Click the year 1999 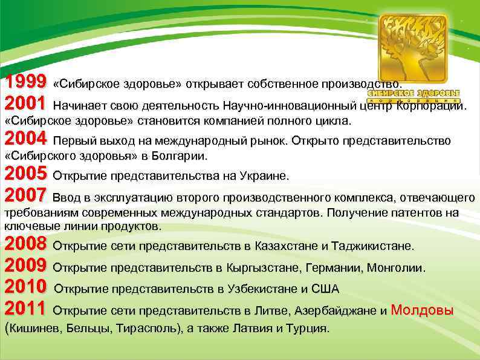pos(25,82)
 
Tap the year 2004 pos(25,139)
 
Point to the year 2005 pos(25,175)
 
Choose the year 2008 pos(25,245)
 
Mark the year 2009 pos(25,266)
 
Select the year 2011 pos(25,310)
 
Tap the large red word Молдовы pos(423,310)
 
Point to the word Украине pos(265,176)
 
